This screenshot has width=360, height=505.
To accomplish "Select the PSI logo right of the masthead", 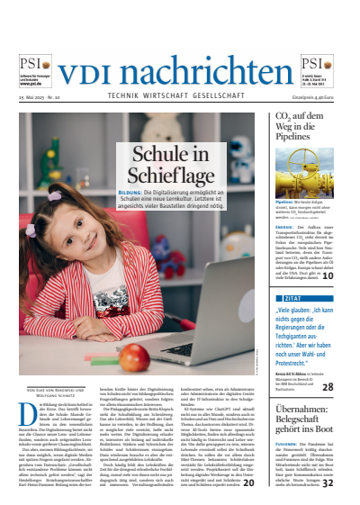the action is click(321, 63).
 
